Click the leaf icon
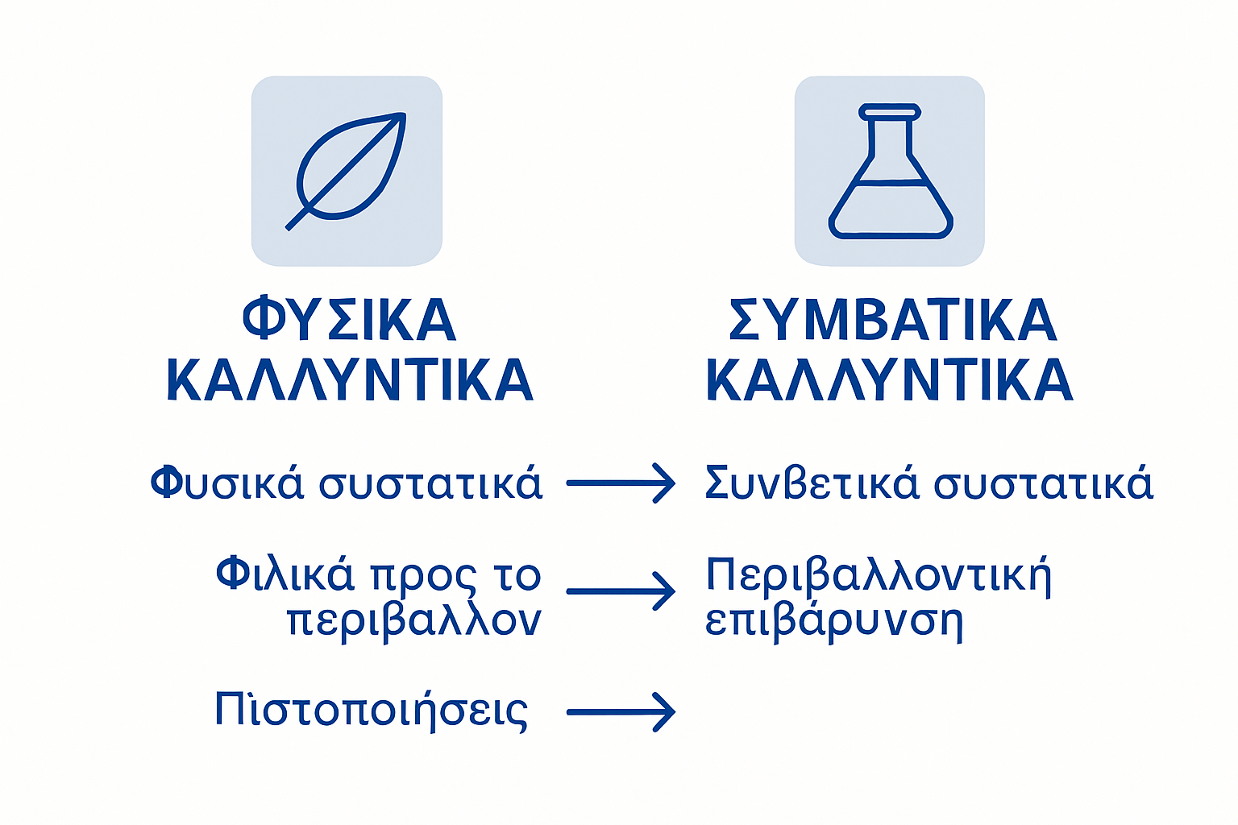point(347,171)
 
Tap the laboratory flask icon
point(890,171)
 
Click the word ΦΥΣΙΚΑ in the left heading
point(350,320)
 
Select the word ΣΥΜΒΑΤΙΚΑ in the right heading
point(892,320)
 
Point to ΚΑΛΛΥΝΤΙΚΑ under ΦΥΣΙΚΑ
point(350,379)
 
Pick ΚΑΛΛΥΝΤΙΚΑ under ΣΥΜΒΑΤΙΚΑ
point(890,379)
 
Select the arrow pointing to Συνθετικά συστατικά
point(621,483)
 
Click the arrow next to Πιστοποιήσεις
point(621,712)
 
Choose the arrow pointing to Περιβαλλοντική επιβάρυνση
point(621,591)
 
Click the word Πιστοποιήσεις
point(372,711)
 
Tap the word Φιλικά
point(285,574)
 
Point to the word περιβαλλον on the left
point(413,620)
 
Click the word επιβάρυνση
point(834,622)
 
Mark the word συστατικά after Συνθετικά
point(1044,483)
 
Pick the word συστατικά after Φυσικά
point(431,483)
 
